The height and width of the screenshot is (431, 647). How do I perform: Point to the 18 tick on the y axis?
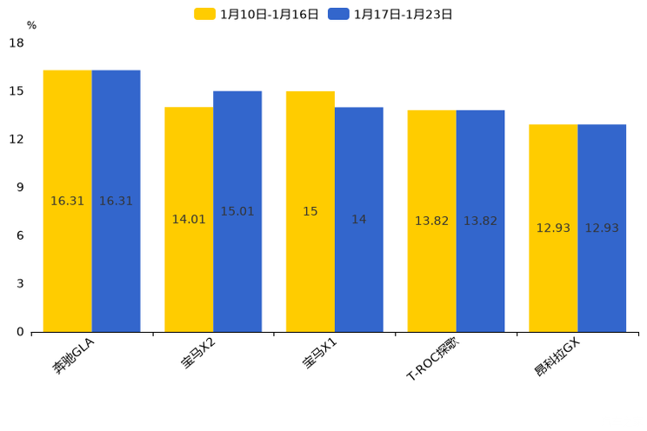pyautogui.click(x=17, y=43)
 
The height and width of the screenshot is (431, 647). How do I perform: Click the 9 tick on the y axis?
pyautogui.click(x=20, y=187)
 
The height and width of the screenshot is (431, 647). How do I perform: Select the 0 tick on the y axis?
pyautogui.click(x=20, y=332)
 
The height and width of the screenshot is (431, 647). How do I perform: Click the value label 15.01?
pyautogui.click(x=237, y=211)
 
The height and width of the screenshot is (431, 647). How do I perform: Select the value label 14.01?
pyautogui.click(x=189, y=220)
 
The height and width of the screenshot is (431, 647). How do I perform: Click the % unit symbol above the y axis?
pyautogui.click(x=31, y=25)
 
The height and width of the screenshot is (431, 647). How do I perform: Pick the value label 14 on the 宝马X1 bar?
pyautogui.click(x=358, y=220)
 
